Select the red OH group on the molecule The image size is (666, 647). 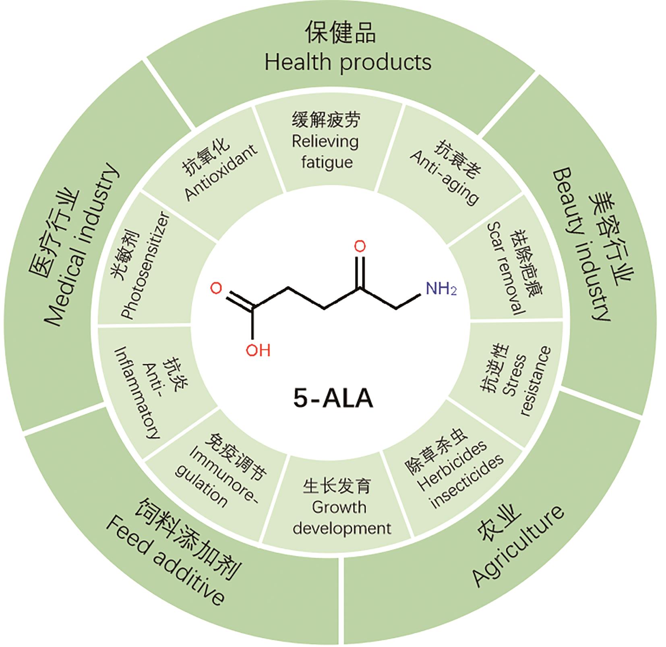pyautogui.click(x=258, y=350)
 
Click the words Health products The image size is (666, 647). pyautogui.click(x=348, y=62)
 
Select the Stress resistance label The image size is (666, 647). pyautogui.click(x=523, y=383)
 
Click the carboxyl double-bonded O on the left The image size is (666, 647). pyautogui.click(x=216, y=288)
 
